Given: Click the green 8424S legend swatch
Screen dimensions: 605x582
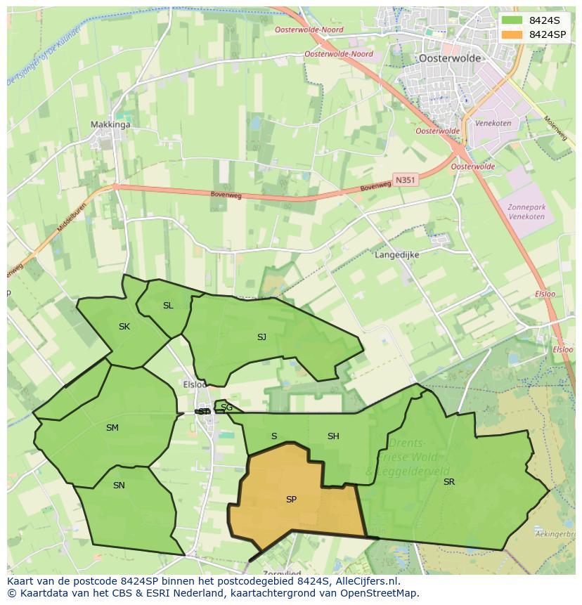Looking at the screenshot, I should [x=512, y=20].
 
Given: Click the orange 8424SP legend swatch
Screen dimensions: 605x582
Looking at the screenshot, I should [x=512, y=34].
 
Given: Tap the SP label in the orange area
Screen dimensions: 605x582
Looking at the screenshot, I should [x=291, y=500].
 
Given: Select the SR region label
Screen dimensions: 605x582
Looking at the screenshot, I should [x=448, y=481].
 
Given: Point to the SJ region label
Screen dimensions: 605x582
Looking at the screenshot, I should [x=261, y=337].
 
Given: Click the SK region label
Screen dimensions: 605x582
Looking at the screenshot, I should [x=124, y=327].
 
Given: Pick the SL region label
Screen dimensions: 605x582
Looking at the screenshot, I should [x=168, y=306].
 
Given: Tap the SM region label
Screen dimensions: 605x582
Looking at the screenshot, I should [x=112, y=428].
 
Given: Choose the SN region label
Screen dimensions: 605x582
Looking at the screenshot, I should [x=119, y=485].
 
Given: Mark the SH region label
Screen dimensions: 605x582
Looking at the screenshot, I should [x=333, y=436].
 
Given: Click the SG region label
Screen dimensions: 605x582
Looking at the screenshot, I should [x=226, y=408].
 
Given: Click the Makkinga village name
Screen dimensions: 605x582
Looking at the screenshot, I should [x=110, y=125].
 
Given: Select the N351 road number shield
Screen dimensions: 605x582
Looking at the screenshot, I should [x=405, y=180].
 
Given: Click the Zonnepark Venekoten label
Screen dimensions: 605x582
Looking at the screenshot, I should [x=526, y=212].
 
